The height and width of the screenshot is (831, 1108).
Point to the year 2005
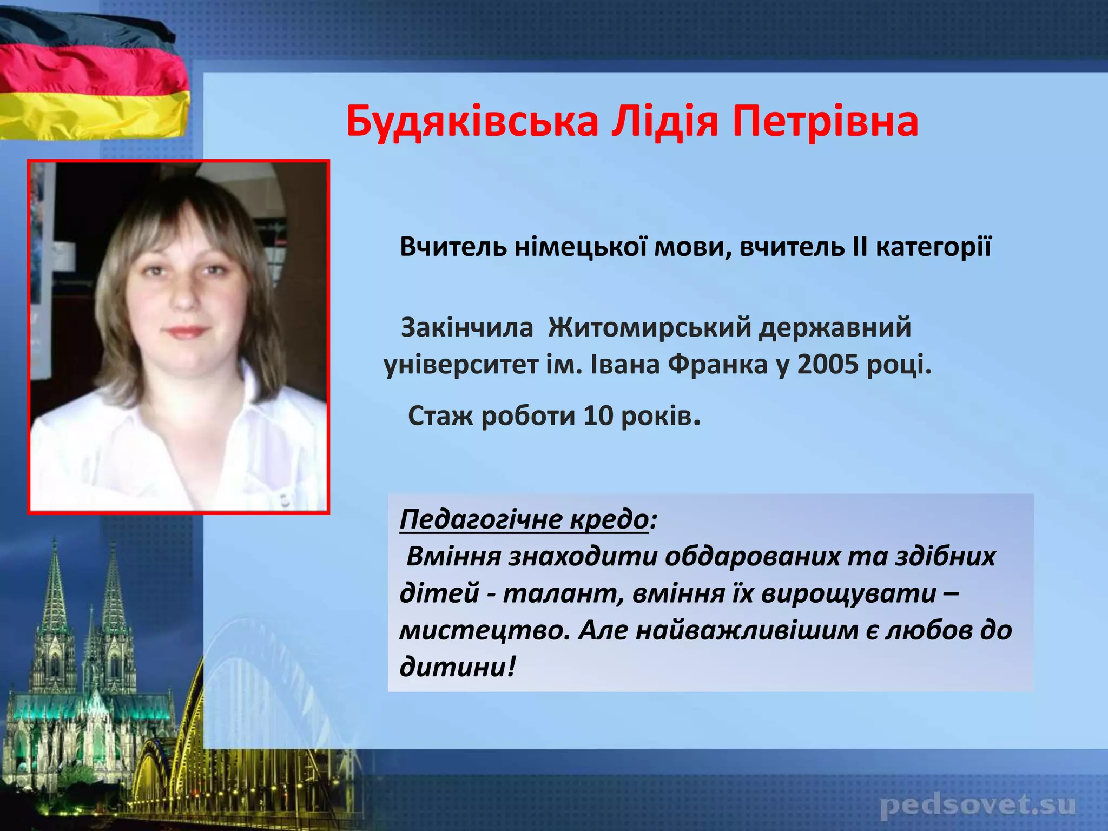pyautogui.click(x=828, y=364)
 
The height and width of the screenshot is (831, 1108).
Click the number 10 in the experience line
pyautogui.click(x=598, y=415)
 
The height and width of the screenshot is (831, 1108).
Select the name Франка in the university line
pyautogui.click(x=717, y=364)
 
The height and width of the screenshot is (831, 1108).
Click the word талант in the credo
pyautogui.click(x=557, y=593)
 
